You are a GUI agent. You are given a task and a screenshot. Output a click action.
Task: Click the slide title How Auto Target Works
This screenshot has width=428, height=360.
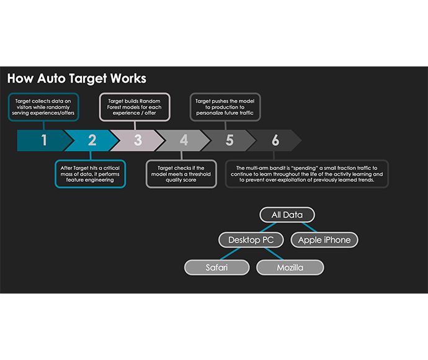tap(76, 79)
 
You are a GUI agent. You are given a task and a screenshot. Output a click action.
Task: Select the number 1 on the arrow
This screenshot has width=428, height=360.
tap(44, 140)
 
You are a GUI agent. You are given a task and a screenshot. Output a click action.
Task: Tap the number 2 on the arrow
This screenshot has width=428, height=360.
tap(92, 140)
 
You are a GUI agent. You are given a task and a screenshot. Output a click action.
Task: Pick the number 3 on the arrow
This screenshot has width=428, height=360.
tap(138, 140)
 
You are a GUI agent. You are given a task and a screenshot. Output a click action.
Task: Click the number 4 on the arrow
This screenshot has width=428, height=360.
tap(184, 140)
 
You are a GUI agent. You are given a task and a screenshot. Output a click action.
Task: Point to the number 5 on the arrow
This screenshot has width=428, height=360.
tap(230, 140)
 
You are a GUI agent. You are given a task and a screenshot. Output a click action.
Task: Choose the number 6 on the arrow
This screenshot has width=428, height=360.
tap(275, 140)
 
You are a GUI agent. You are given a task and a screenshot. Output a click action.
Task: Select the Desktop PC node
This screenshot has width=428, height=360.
tap(251, 240)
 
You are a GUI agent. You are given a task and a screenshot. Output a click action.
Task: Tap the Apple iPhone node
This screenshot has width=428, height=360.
tap(324, 240)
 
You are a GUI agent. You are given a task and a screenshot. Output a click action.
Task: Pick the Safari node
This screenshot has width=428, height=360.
tap(217, 268)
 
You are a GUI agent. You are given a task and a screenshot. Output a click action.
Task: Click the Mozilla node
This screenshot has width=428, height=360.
tap(290, 268)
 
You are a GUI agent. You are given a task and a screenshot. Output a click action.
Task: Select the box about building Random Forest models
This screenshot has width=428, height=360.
tap(135, 106)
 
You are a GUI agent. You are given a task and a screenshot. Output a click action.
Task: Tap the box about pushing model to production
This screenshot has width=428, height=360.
tap(225, 106)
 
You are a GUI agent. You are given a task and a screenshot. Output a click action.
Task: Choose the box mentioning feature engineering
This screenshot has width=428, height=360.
tap(89, 174)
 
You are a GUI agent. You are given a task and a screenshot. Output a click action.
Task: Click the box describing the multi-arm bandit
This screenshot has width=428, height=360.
tap(306, 174)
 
